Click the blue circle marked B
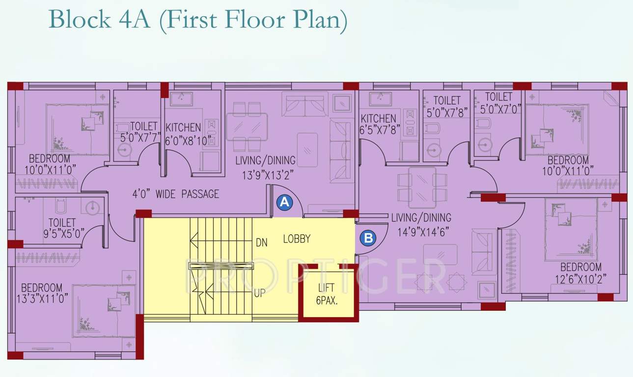click(x=368, y=238)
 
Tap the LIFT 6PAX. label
click(x=328, y=294)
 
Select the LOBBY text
click(x=297, y=239)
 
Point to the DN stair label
click(x=261, y=242)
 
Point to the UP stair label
click(x=260, y=294)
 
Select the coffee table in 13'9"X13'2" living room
click(x=307, y=149)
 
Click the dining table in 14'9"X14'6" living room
click(x=422, y=187)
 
